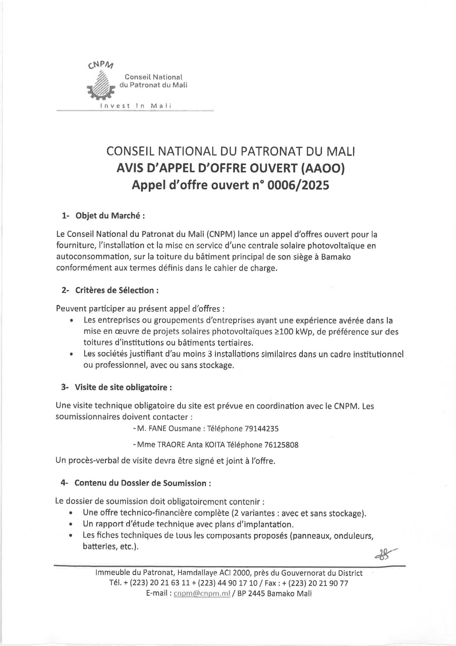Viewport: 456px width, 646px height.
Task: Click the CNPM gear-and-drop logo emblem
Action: point(102,85)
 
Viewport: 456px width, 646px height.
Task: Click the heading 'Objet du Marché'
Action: point(110,216)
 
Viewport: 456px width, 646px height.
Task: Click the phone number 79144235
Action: point(262,428)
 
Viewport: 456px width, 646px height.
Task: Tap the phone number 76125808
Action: point(281,445)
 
